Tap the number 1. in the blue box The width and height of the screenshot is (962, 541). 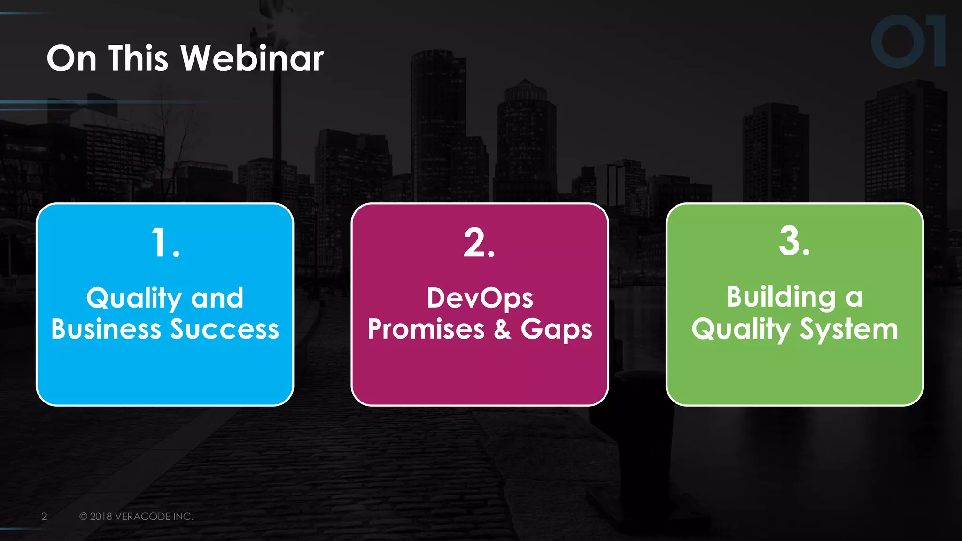pyautogui.click(x=165, y=243)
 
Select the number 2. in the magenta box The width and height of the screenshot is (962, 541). pyautogui.click(x=479, y=243)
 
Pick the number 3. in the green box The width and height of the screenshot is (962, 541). pyautogui.click(x=794, y=241)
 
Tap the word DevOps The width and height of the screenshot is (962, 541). pyautogui.click(x=480, y=299)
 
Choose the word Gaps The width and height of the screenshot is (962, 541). pyautogui.click(x=556, y=330)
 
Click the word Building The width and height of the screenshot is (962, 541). pyautogui.click(x=781, y=298)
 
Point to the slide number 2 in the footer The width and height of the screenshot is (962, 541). pyautogui.click(x=44, y=517)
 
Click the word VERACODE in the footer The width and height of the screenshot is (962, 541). pyautogui.click(x=142, y=517)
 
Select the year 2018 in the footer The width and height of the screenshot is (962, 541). pyautogui.click(x=101, y=517)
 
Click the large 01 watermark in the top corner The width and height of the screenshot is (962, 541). pyautogui.click(x=908, y=41)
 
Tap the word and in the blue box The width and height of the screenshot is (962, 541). pyautogui.click(x=217, y=299)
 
